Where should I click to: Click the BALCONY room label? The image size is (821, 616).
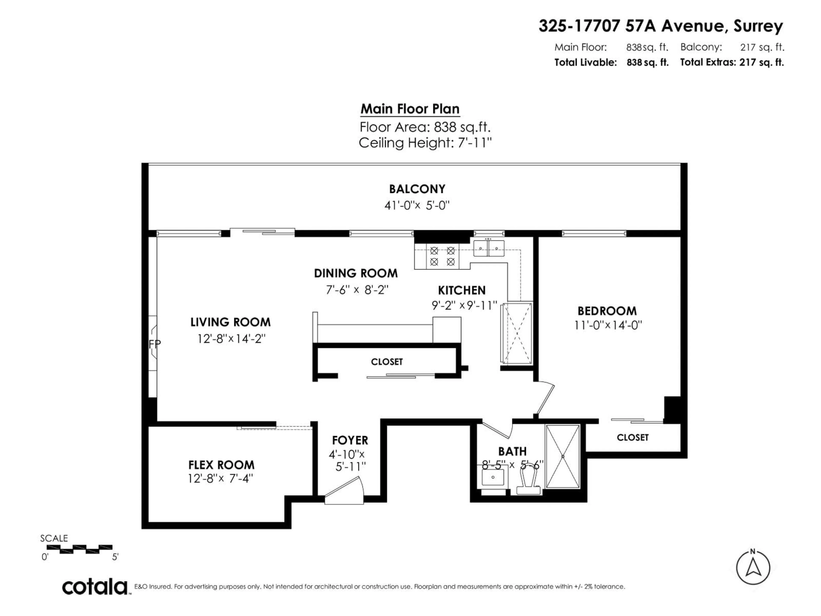coord(417,189)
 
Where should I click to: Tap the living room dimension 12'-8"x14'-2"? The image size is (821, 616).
coord(231,339)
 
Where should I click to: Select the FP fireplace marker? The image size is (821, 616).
coord(154,344)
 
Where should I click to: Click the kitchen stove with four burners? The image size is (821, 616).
coord(442,256)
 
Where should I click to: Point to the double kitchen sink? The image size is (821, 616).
coord(489,248)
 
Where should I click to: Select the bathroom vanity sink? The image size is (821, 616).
coord(493,477)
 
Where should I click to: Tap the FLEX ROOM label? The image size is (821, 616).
coord(221,465)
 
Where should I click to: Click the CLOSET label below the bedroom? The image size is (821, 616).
coord(632,437)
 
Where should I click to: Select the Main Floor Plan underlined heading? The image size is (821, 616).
coord(410,109)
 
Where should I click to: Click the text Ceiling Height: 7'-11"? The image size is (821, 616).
coord(425,143)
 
